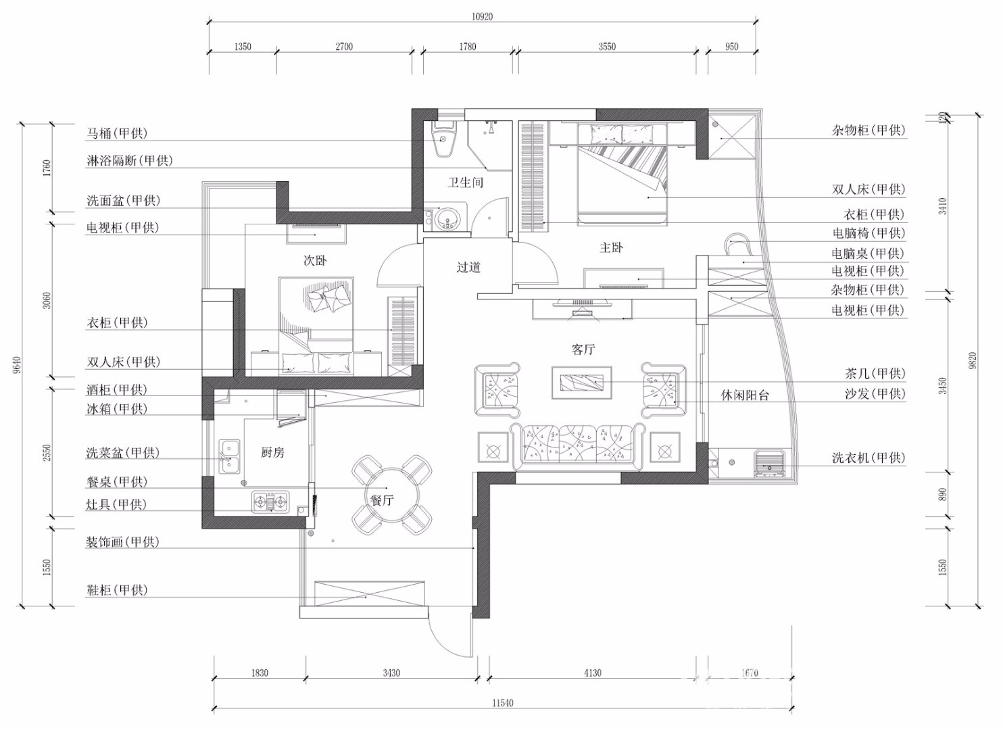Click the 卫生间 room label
pyautogui.click(x=465, y=182)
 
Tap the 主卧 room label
pyautogui.click(x=611, y=247)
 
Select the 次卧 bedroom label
pyautogui.click(x=315, y=261)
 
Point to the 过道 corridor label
pyautogui.click(x=468, y=268)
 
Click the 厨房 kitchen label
pyautogui.click(x=272, y=453)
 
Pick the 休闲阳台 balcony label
pyautogui.click(x=745, y=395)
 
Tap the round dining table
pyautogui.click(x=391, y=494)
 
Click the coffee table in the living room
pyautogui.click(x=582, y=383)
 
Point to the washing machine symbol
pyautogui.click(x=769, y=463)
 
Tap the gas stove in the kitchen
pyautogui.click(x=270, y=502)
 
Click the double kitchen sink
pyautogui.click(x=229, y=456)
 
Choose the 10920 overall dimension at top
pyautogui.click(x=482, y=17)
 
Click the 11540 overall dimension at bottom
pyautogui.click(x=502, y=703)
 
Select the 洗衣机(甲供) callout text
pyautogui.click(x=869, y=458)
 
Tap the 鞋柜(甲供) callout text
pyautogui.click(x=117, y=590)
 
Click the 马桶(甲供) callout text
pyautogui.click(x=117, y=133)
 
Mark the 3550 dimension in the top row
pyautogui.click(x=607, y=47)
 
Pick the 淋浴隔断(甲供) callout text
pyautogui.click(x=129, y=160)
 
